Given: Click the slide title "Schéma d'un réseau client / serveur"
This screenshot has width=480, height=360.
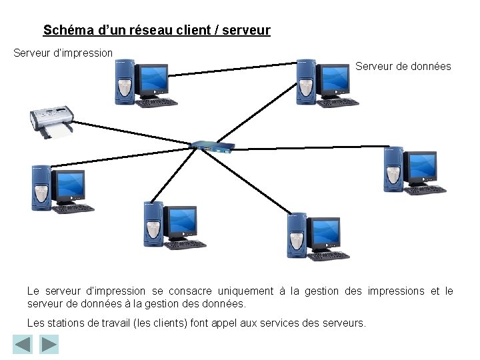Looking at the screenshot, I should [157, 31].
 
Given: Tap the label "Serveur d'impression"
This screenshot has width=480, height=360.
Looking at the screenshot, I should [63, 52].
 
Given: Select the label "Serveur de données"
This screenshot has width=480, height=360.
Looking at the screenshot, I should [403, 67].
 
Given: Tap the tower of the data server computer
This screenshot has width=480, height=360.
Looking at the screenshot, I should [306, 81].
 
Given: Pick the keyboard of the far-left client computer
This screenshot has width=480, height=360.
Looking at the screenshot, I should [73, 208].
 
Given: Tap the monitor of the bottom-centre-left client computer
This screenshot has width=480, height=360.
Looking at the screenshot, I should [182, 222].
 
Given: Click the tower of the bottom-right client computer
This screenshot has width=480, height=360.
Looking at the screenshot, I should [297, 235].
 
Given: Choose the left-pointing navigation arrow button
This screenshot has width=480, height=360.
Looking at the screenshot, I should [23, 345].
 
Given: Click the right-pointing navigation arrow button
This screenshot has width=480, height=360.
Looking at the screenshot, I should [49, 345].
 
